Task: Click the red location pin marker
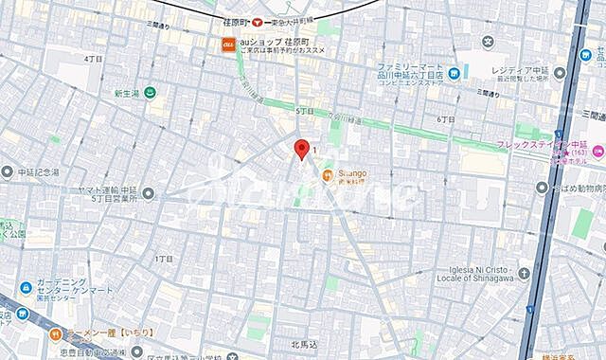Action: coord(302,149)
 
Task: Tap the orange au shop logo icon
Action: coord(228,43)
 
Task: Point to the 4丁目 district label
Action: coord(92,59)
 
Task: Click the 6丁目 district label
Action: coord(446,119)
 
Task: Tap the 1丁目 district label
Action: coord(163,257)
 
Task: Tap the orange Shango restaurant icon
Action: coord(328,174)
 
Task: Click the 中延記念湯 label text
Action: coord(38,173)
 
